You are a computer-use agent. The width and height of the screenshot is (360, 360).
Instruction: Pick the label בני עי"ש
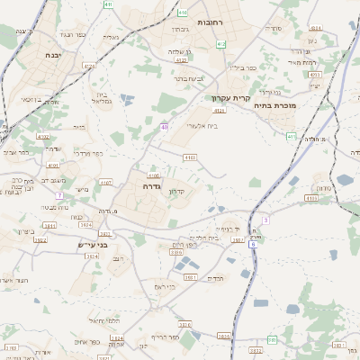[x=91, y=242]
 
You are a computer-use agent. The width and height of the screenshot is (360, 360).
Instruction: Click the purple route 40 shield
[x=165, y=127]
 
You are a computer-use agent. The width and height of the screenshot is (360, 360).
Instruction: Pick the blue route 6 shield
[x=254, y=244]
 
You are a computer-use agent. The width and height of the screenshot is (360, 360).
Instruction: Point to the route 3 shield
[x=265, y=220]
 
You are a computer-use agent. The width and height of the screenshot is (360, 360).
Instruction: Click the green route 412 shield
[x=221, y=43]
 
